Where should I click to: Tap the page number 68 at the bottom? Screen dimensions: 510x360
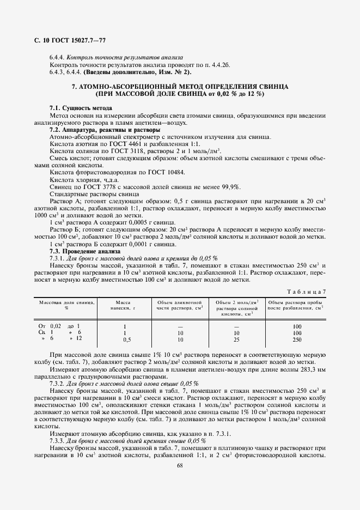180,465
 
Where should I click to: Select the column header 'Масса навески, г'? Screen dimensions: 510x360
125,304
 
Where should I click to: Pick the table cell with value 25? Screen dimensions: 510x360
236,339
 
